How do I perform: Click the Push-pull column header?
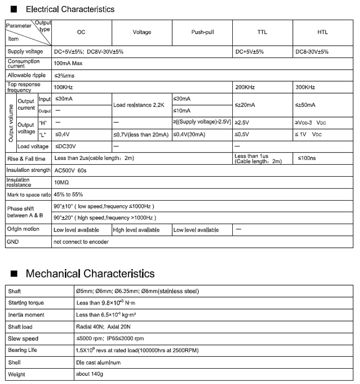pos(202,32)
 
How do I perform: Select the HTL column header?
pos(323,32)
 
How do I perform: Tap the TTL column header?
pos(262,32)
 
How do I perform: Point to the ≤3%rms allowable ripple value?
pos(64,75)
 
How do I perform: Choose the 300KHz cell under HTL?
pos(305,87)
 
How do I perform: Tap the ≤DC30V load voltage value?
pos(66,146)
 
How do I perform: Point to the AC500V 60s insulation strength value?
pos(71,170)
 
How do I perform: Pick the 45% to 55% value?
pos(68,194)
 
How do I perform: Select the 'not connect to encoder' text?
pos(81,241)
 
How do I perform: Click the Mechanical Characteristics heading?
pos(90,274)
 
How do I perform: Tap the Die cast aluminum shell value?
pos(98,362)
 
